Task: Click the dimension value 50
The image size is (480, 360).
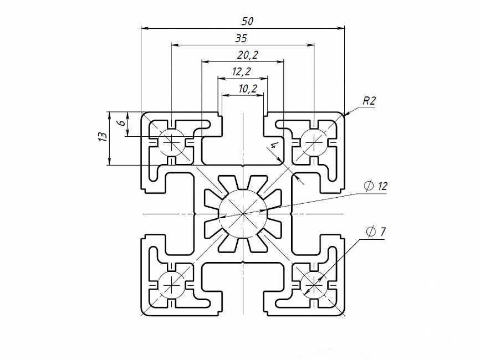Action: point(248,21)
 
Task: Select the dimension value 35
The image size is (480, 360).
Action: point(241,38)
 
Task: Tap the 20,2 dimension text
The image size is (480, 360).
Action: point(247,55)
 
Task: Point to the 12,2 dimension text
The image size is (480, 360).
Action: point(241,71)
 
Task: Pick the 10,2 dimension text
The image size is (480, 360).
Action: point(247,88)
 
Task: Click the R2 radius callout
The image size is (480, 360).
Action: point(369,101)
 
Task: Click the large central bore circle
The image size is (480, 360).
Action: point(243,213)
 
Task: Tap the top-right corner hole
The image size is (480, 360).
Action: point(314,143)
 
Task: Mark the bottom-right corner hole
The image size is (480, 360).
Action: point(314,284)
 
